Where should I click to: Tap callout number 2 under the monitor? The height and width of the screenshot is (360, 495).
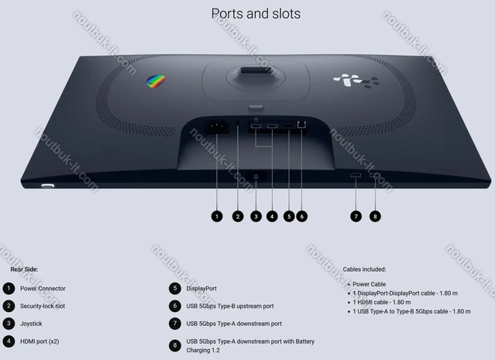click(238, 216)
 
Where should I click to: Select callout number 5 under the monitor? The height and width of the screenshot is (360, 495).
click(288, 216)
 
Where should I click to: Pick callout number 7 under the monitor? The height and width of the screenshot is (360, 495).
click(356, 216)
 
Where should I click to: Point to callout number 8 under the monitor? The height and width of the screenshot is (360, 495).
click(375, 216)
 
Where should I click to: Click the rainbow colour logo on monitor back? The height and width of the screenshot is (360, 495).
click(156, 81)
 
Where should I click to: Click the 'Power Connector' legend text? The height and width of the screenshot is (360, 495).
click(43, 288)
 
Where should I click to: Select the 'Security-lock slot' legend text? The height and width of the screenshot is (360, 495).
click(43, 306)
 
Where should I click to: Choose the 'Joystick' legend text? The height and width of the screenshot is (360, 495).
click(31, 323)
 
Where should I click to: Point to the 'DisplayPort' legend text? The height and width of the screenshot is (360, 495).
click(202, 288)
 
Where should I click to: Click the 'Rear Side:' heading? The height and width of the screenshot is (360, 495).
click(24, 269)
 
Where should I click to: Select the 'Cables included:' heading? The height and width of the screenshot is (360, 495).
click(364, 269)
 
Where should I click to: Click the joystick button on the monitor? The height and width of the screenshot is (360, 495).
click(256, 176)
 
